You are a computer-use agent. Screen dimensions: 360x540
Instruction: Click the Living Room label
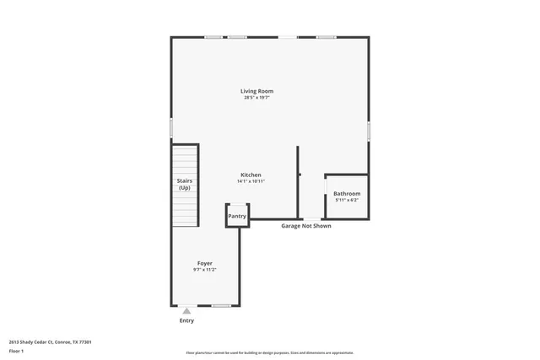(x=256, y=91)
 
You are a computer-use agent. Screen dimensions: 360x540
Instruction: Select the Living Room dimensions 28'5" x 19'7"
(x=256, y=98)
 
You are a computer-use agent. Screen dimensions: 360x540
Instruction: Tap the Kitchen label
(x=251, y=175)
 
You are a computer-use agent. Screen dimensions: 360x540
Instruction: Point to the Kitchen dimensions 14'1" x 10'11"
(x=251, y=181)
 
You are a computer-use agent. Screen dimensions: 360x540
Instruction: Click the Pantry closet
(x=237, y=216)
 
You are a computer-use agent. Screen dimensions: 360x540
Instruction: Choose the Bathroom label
(x=346, y=193)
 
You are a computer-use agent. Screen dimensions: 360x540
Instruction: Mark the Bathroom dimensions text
(x=346, y=200)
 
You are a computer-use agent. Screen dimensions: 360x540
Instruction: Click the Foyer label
(x=204, y=263)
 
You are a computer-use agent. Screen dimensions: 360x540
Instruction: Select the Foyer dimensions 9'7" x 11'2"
(x=204, y=270)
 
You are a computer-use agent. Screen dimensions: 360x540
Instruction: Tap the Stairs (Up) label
(x=184, y=184)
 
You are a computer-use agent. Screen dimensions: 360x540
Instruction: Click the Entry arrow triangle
(x=186, y=311)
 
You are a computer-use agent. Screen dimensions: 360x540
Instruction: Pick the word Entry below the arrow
(x=186, y=320)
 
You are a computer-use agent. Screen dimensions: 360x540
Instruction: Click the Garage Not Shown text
(x=305, y=226)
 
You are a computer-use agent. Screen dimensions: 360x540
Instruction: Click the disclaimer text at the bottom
(x=269, y=352)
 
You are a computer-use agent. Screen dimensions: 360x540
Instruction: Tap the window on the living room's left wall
(x=171, y=127)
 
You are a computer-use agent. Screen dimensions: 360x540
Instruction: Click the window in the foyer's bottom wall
(x=221, y=305)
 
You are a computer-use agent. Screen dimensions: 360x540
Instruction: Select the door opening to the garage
(x=312, y=220)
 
